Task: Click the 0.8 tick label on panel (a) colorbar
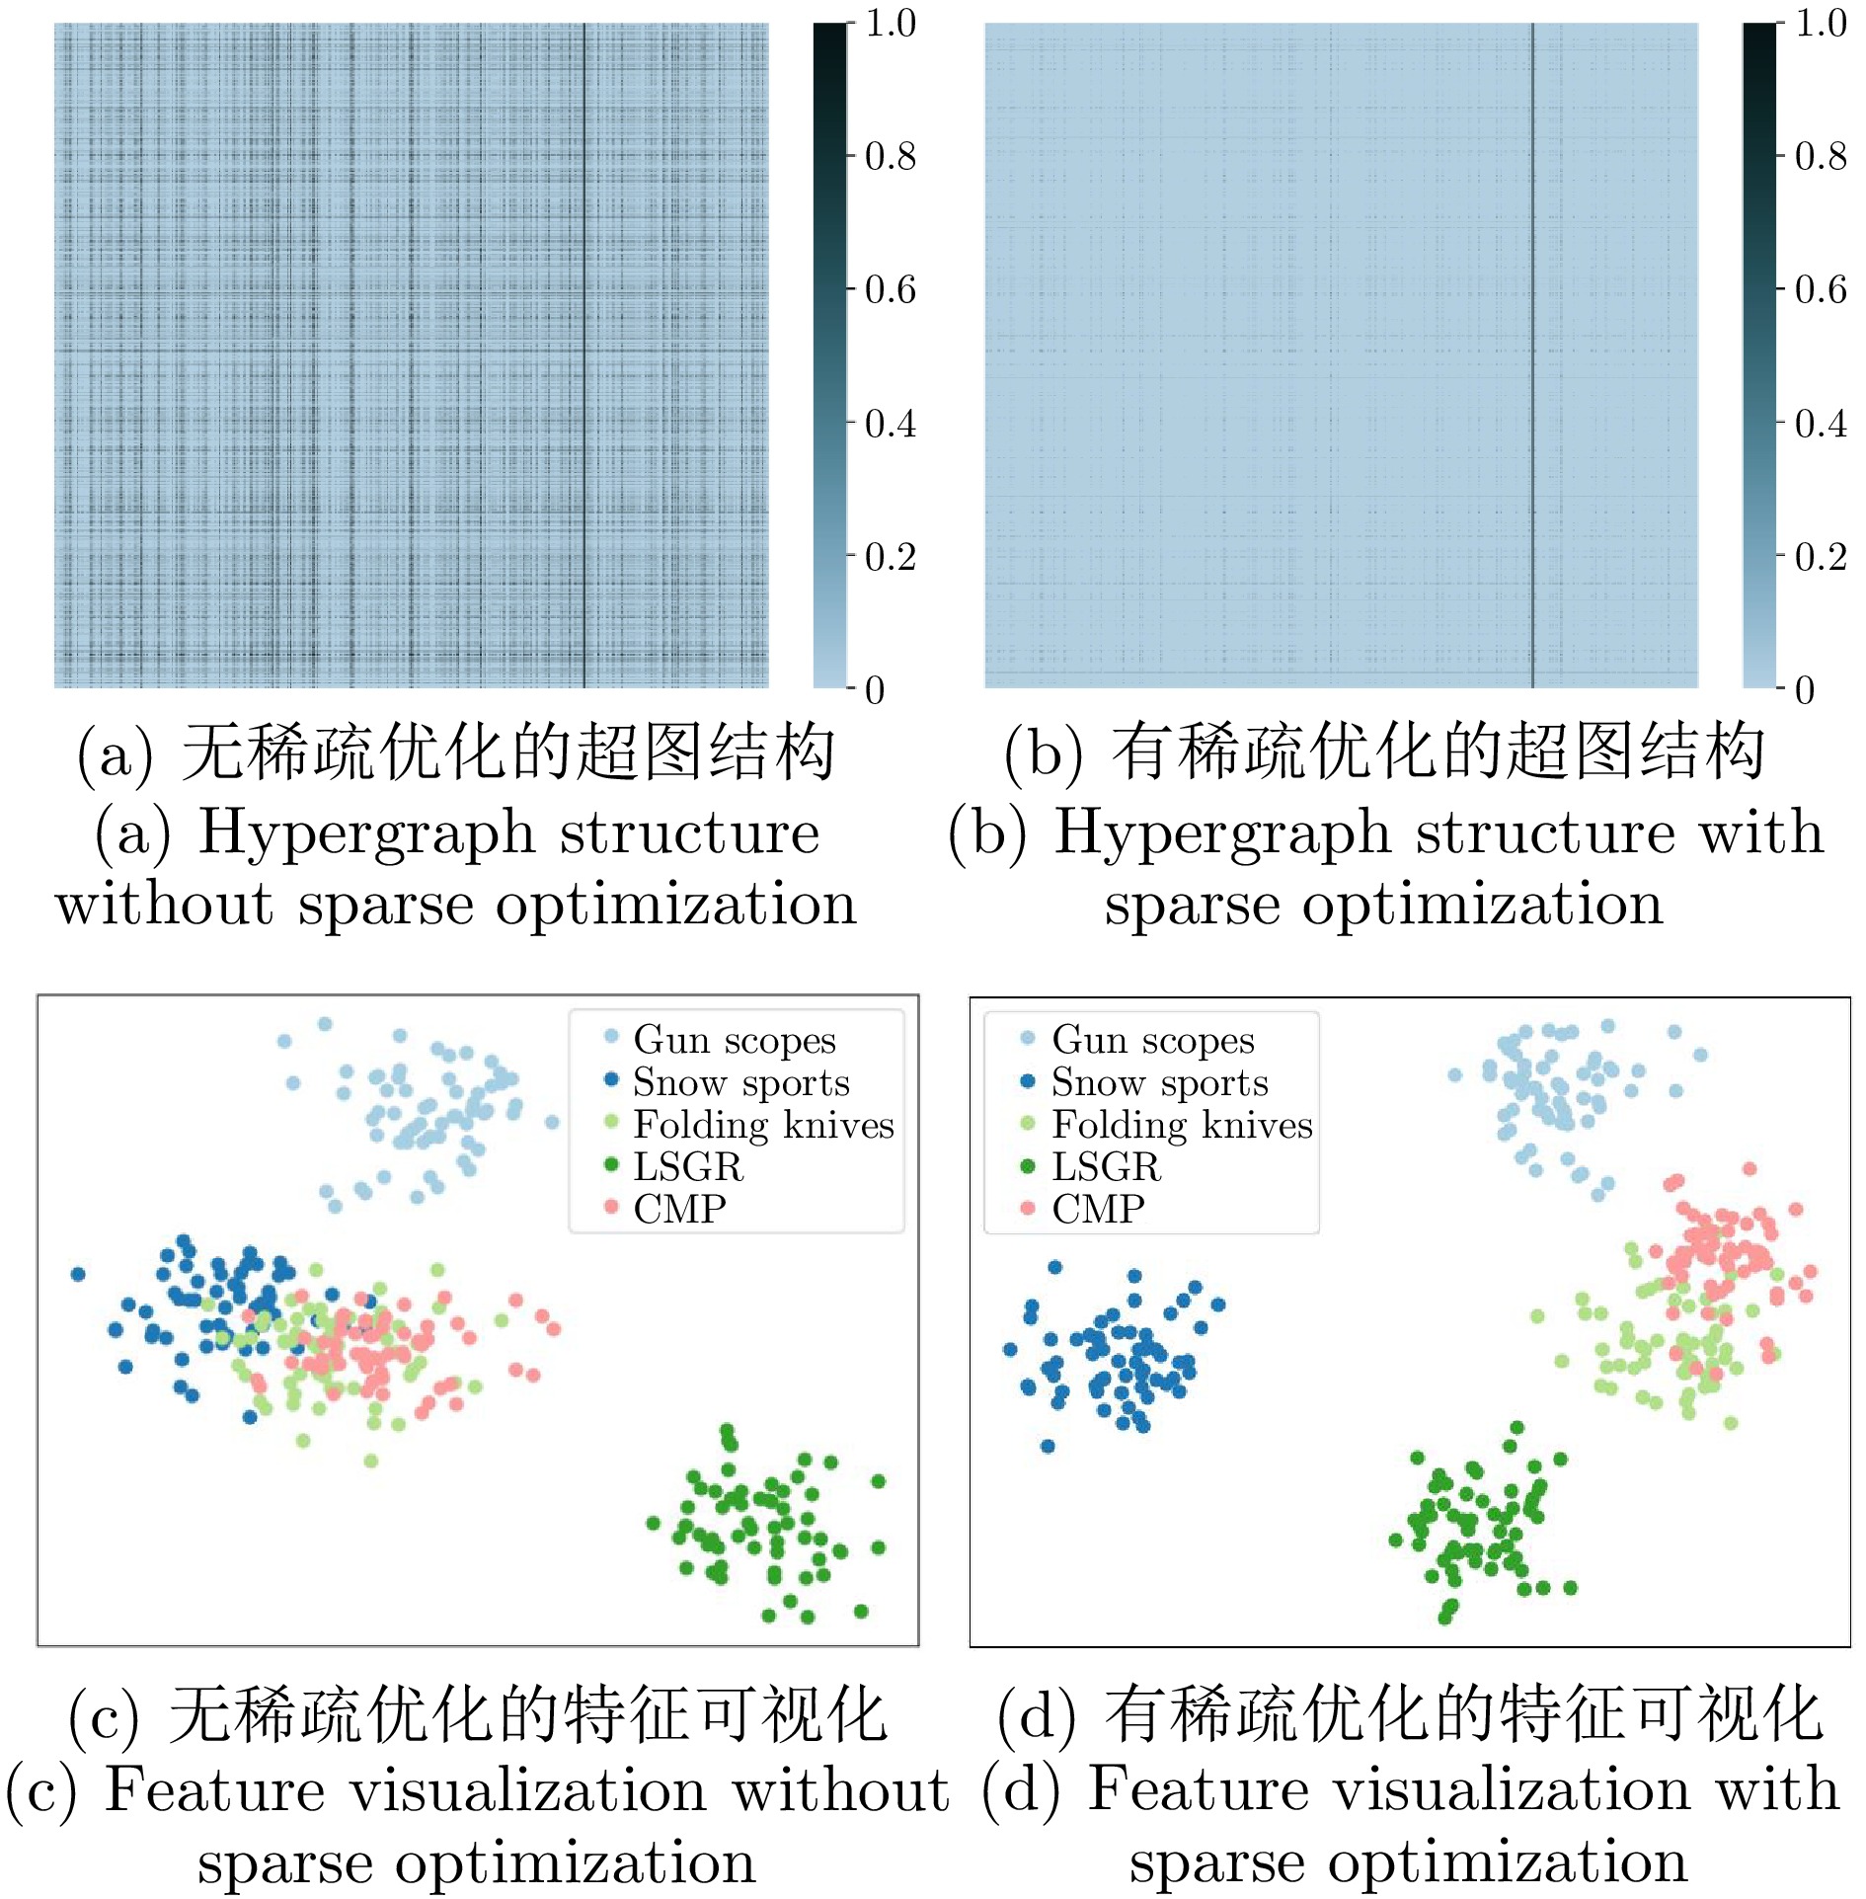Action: point(890,156)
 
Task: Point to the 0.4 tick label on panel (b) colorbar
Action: point(1820,424)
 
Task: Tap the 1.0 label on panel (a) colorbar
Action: point(891,23)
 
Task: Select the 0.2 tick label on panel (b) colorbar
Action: point(1820,557)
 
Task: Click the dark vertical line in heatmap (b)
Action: point(1532,356)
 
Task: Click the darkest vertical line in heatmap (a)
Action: point(583,356)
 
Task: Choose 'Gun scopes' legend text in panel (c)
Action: point(735,1039)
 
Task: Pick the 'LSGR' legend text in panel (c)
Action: point(687,1166)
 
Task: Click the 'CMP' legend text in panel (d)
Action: point(1098,1209)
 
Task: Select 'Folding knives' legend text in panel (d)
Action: point(1182,1125)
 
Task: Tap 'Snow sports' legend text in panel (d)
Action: point(1159,1082)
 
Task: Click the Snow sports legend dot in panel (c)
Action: point(611,1079)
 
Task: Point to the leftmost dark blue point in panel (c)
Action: point(78,1274)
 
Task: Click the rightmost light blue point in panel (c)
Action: point(552,1122)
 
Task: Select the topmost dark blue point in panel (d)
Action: point(1054,1267)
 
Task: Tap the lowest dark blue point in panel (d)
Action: point(1048,1447)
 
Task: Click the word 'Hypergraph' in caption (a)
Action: point(365,831)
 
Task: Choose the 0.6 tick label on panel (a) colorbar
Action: point(890,289)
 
